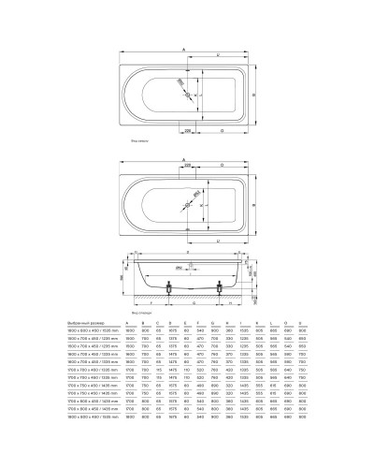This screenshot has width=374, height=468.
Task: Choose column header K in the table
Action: [x=280, y=320]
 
